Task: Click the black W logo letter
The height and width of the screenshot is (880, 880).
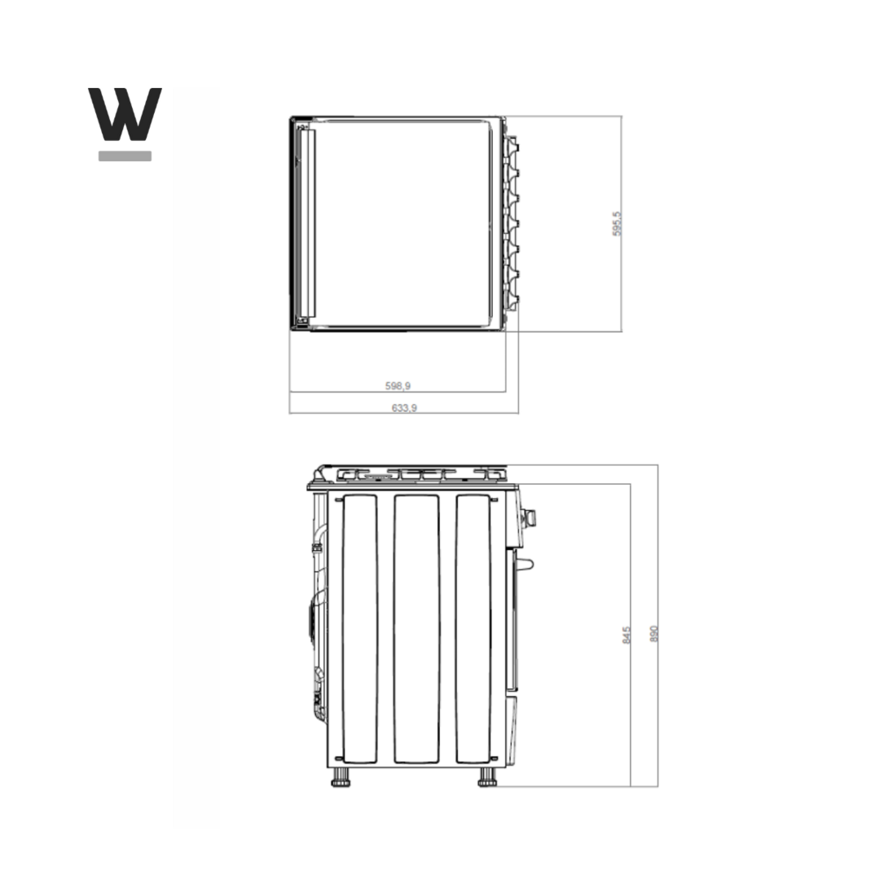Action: tap(125, 114)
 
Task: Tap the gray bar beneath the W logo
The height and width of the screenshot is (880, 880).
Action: tap(125, 156)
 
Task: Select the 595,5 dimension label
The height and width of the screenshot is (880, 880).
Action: tap(617, 223)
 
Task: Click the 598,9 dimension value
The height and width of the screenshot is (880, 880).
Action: tap(398, 385)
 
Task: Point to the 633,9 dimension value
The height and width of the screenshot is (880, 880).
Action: tap(404, 407)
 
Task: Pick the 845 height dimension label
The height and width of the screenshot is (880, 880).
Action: tap(627, 635)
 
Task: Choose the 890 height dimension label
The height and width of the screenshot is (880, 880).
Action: tap(653, 634)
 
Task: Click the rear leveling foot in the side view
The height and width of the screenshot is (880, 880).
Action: tap(341, 778)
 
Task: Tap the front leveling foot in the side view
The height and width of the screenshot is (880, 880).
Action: tap(487, 778)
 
